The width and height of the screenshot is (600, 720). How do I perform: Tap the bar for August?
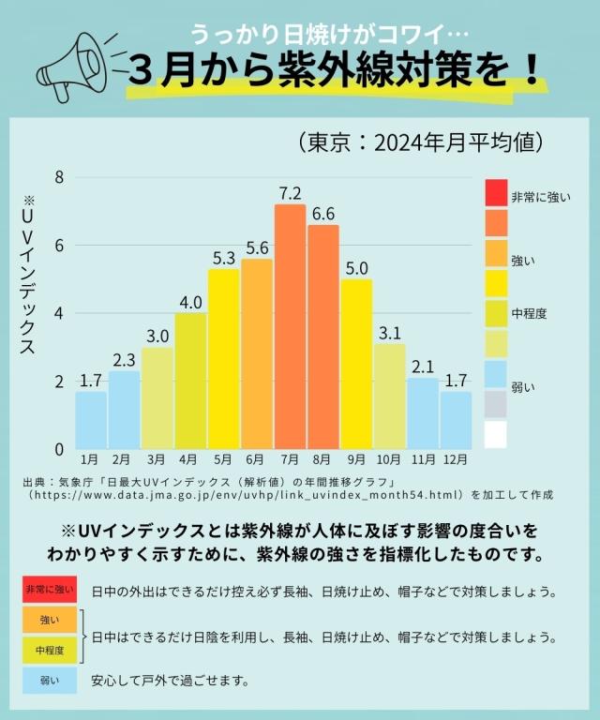(x=322, y=337)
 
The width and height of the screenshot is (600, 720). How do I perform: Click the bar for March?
(x=157, y=397)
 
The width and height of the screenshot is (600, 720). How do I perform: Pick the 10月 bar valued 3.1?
(x=389, y=396)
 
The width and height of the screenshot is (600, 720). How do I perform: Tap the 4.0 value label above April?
(x=190, y=302)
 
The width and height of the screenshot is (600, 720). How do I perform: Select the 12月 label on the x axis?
(x=456, y=460)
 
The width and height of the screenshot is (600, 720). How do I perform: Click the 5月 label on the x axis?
(x=223, y=460)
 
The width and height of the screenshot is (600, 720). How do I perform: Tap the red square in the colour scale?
(x=496, y=193)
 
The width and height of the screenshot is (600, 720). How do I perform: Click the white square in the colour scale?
(x=496, y=434)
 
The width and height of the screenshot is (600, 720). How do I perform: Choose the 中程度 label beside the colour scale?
(x=530, y=313)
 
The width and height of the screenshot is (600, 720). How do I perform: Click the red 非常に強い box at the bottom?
(x=50, y=590)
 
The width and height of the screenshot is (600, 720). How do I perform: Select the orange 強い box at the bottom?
(x=50, y=620)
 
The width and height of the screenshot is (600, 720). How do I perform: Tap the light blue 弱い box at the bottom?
(x=50, y=680)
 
